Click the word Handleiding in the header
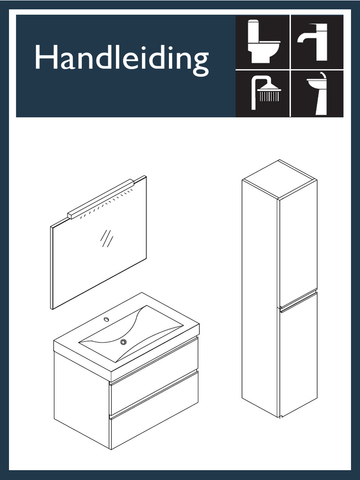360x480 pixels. pyautogui.click(x=121, y=60)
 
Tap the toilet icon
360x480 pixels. pyautogui.click(x=262, y=41)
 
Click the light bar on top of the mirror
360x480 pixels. pyautogui.click(x=101, y=199)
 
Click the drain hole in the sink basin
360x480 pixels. pyautogui.click(x=123, y=342)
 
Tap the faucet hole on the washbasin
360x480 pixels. pyautogui.click(x=106, y=320)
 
